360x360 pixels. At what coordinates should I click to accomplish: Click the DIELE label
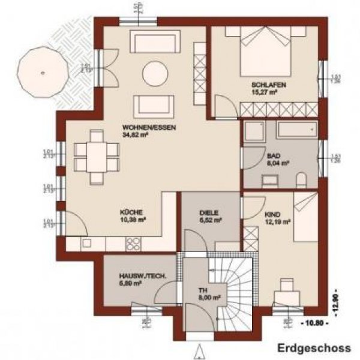click(x=209, y=212)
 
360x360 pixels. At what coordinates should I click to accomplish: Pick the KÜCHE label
click(x=130, y=212)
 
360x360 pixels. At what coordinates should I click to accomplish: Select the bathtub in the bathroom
click(x=296, y=131)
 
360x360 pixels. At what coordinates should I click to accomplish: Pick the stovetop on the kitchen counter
click(x=134, y=243)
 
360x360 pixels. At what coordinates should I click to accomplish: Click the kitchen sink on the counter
click(x=86, y=243)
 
